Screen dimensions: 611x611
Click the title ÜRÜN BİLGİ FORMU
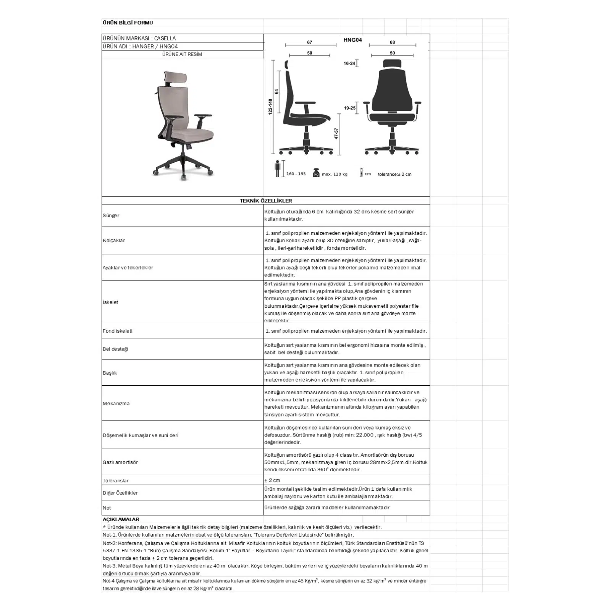pos(128,23)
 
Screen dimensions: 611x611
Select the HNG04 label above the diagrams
pos(352,40)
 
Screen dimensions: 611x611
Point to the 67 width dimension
pos(309,42)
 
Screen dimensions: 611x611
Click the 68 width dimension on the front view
pos(392,42)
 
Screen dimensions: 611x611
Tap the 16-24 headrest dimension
pos(349,63)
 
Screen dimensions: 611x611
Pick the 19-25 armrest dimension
pos(349,108)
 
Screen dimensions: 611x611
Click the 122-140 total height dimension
pos(270,107)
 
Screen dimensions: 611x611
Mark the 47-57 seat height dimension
pos(336,133)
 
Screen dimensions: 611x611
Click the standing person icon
pos(278,169)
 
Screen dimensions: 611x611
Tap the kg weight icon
pos(316,173)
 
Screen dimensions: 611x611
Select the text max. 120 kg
pos(335,174)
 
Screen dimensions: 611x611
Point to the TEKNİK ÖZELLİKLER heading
pos(266,201)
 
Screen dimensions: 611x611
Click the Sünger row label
pos(111,216)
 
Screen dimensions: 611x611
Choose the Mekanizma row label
pos(116,404)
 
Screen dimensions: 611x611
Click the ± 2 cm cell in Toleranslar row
pos(272,480)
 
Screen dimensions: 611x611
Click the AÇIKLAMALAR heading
pos(121,519)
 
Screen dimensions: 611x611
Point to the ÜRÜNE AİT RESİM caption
pos(182,54)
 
